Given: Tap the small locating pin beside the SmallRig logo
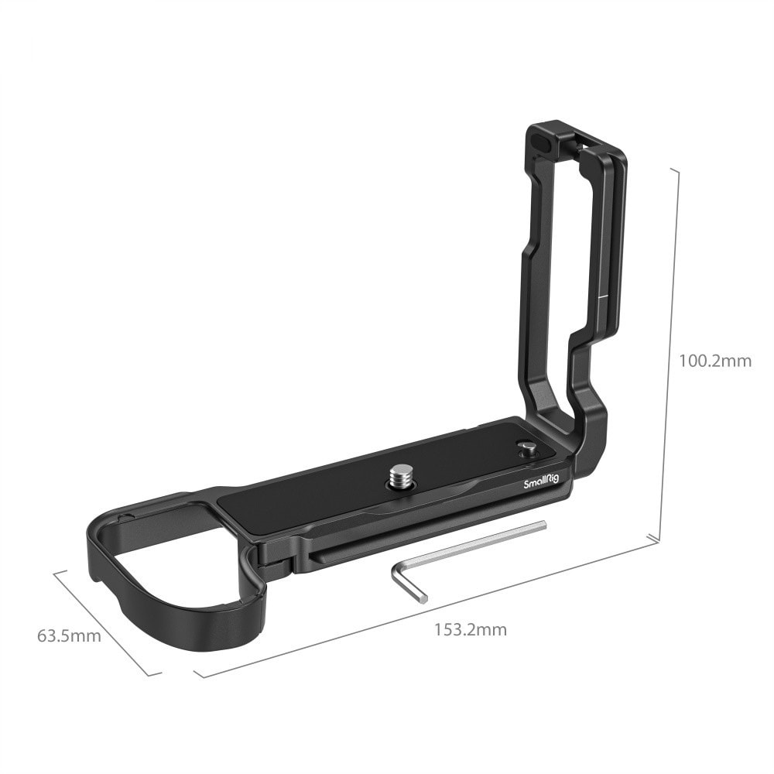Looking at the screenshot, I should (526, 448).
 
